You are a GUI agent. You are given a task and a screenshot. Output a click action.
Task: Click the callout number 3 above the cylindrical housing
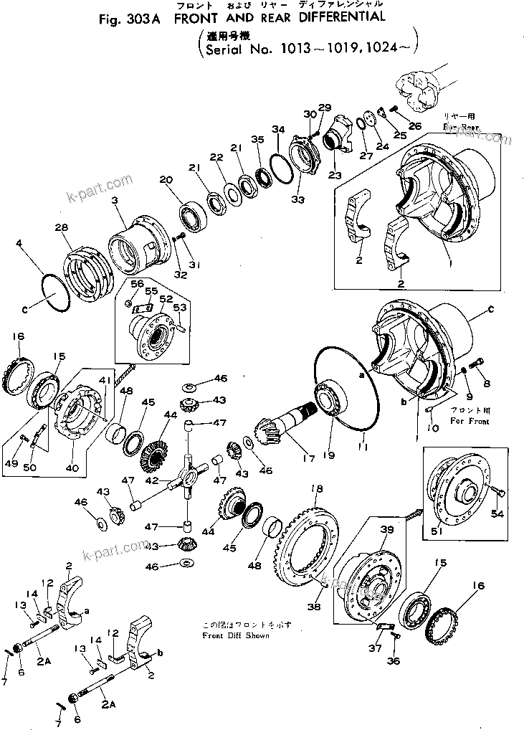[114, 203]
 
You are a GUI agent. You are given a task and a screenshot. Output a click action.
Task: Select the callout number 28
[61, 227]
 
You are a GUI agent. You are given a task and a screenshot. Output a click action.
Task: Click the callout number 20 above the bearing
[166, 180]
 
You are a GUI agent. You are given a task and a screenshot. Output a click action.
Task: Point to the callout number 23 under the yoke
[334, 174]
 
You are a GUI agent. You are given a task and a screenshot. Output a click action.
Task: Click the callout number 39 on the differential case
[388, 530]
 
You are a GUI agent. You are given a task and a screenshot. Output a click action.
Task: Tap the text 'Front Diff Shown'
[236, 635]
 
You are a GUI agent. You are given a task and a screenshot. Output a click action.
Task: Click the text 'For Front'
[470, 421]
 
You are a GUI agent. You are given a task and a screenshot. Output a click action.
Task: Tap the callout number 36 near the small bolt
[393, 661]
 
